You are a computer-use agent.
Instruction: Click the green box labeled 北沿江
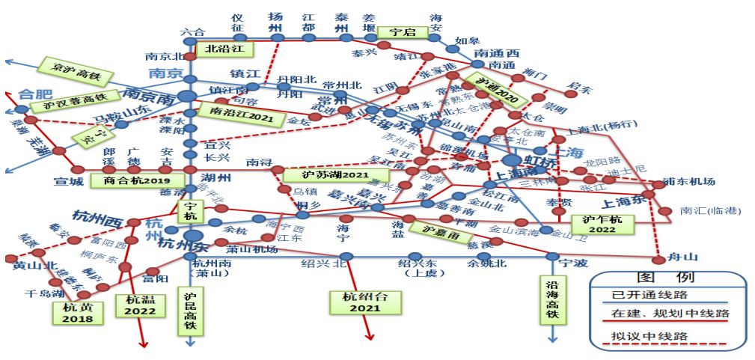225,49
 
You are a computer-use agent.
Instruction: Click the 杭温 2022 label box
140,305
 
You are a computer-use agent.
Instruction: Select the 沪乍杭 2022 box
602,224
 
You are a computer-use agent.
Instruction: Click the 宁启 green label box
402,32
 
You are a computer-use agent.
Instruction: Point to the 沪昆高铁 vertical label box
190,307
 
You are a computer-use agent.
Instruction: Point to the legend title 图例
667,278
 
